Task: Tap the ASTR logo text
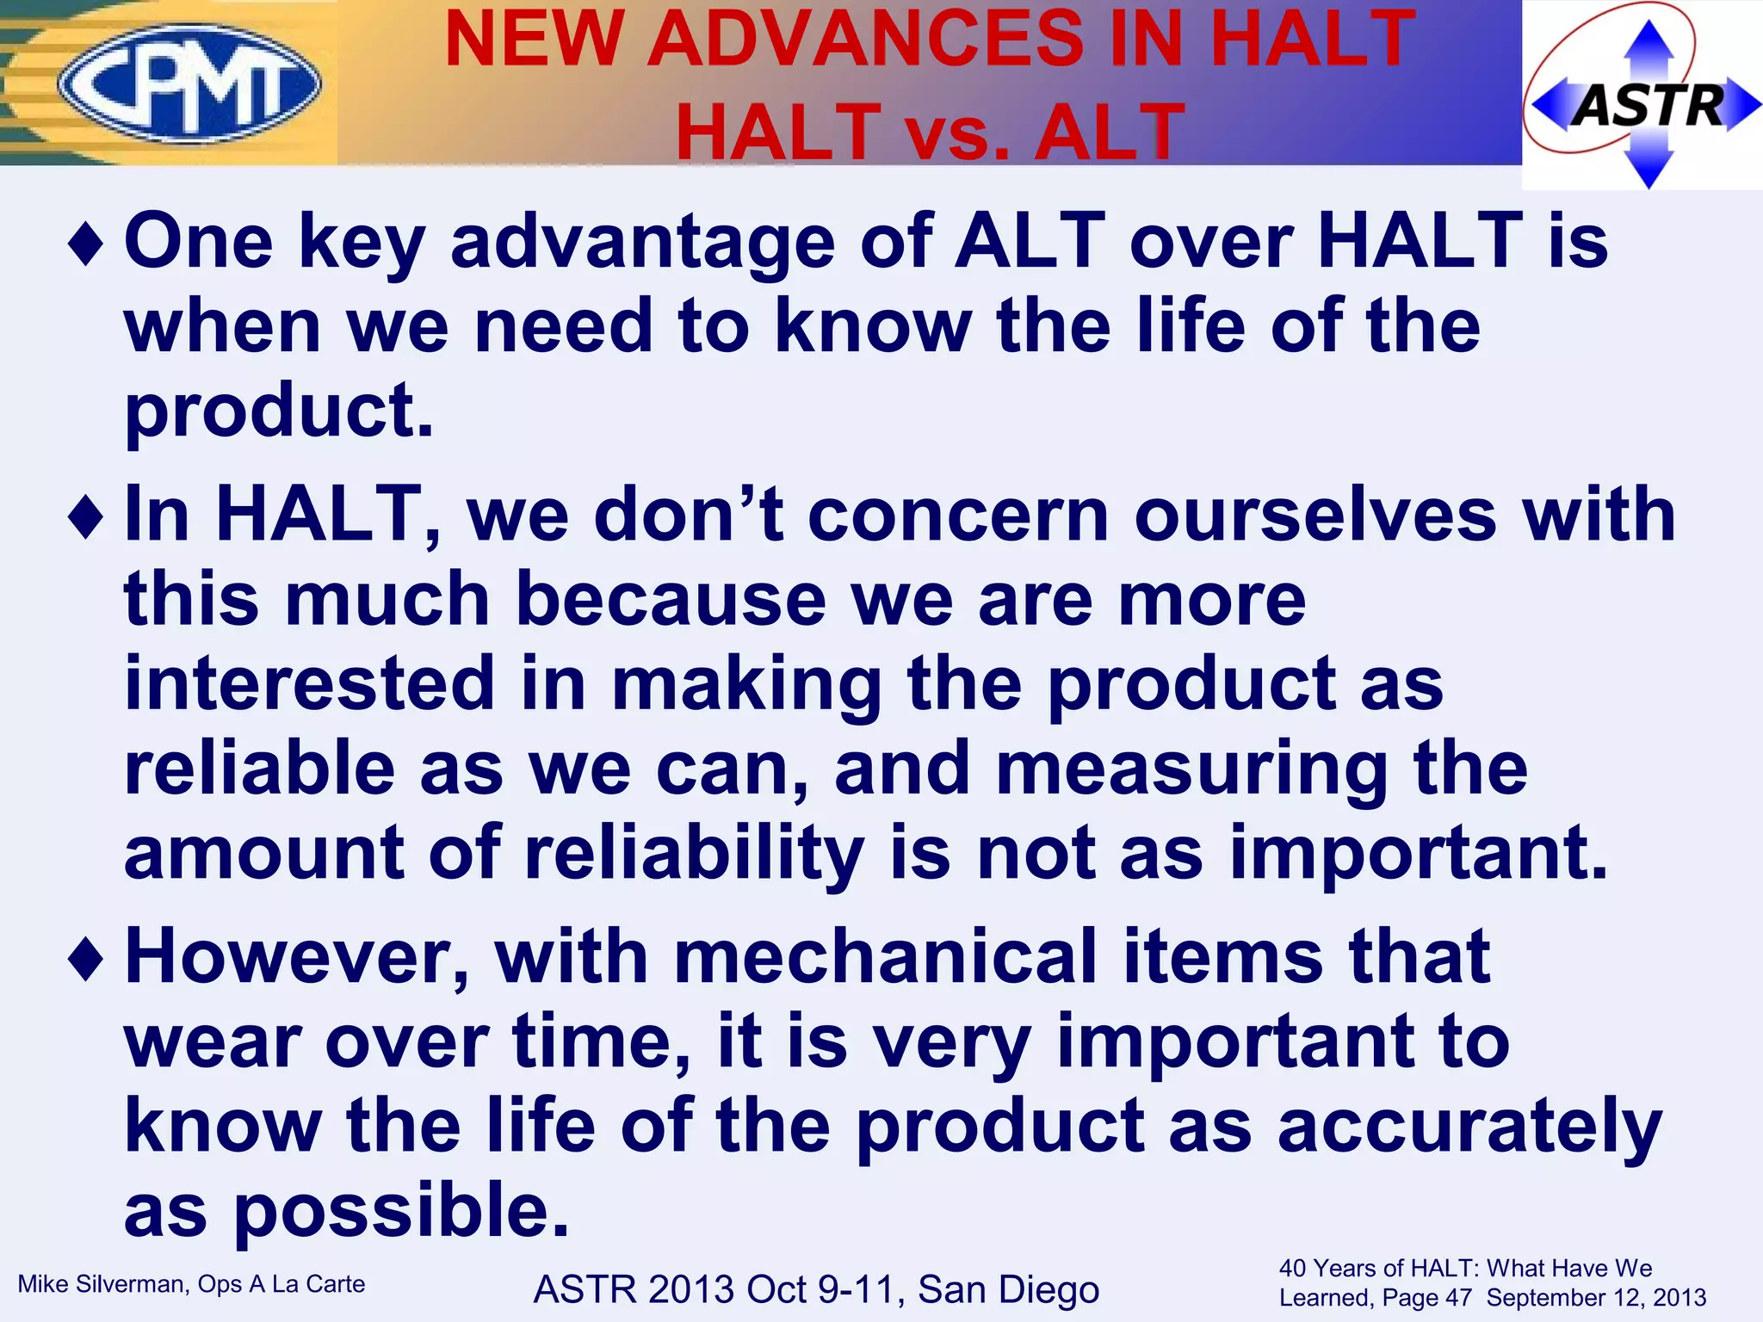1648,107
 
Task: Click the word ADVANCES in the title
866,40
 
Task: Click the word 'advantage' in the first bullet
642,243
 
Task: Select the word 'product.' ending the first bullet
279,411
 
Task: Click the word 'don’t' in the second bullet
689,515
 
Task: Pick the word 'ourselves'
1315,515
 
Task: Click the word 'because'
671,599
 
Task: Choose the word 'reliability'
694,854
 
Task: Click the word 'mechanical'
885,957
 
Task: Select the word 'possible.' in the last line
401,1210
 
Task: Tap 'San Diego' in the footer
1009,1289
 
